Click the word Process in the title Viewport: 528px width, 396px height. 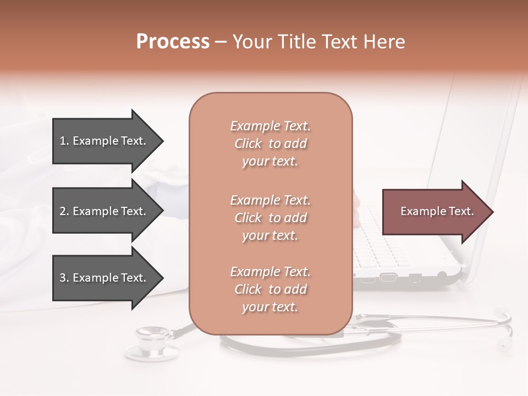(x=173, y=42)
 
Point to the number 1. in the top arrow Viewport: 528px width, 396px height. (x=64, y=141)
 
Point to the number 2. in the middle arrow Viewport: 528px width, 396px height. (x=64, y=211)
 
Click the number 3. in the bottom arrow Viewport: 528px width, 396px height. (x=64, y=278)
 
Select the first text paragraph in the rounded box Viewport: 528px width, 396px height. (x=270, y=144)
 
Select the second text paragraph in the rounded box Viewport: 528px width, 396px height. (x=270, y=218)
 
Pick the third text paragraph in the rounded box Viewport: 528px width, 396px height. (x=270, y=289)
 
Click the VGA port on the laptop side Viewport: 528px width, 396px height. (x=388, y=277)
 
